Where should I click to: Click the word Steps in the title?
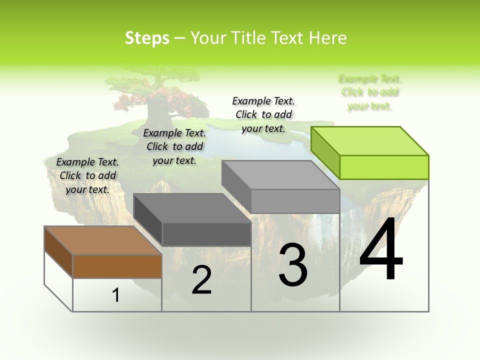point(146,38)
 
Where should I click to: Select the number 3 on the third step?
point(293,264)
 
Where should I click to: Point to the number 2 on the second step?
point(201,280)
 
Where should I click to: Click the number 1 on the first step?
point(116,295)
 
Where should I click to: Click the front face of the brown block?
point(117,266)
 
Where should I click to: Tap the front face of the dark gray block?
point(206,234)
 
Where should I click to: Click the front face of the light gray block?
point(295,201)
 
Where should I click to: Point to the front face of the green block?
point(384,167)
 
